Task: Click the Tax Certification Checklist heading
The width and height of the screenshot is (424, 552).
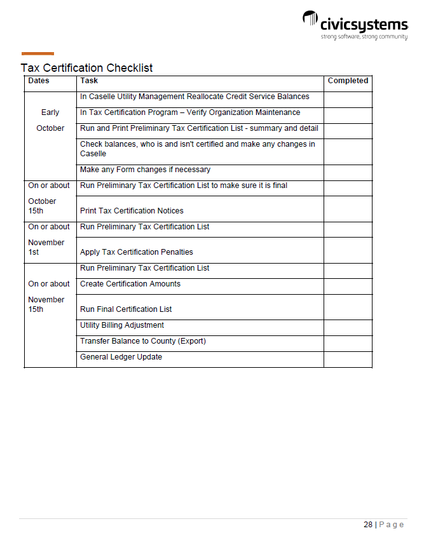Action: (x=86, y=68)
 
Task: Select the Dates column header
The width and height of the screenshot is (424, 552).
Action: (x=39, y=81)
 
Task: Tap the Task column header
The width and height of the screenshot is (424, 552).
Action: (x=89, y=81)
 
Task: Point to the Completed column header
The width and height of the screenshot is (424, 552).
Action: (x=348, y=81)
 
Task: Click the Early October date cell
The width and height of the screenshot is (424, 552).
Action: (x=50, y=120)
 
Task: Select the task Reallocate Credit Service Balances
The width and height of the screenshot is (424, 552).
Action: (x=195, y=97)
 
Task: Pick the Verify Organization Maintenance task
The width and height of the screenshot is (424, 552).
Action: (x=190, y=113)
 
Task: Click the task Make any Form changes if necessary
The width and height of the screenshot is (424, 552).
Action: (x=145, y=170)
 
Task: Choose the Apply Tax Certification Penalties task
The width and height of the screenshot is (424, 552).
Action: (x=137, y=252)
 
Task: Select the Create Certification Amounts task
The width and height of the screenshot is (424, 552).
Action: (x=130, y=284)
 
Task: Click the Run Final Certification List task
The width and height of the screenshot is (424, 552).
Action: (x=126, y=309)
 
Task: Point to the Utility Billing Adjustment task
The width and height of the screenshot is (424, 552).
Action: (x=122, y=325)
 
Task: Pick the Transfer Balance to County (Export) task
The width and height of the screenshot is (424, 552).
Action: (x=143, y=341)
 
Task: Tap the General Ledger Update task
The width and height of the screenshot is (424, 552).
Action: (x=121, y=357)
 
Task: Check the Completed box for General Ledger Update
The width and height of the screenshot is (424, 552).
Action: (x=348, y=359)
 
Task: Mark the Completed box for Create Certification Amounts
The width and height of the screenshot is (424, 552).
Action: (x=348, y=286)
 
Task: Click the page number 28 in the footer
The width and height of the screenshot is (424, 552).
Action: (x=368, y=525)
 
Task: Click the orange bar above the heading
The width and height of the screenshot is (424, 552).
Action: (x=38, y=54)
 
